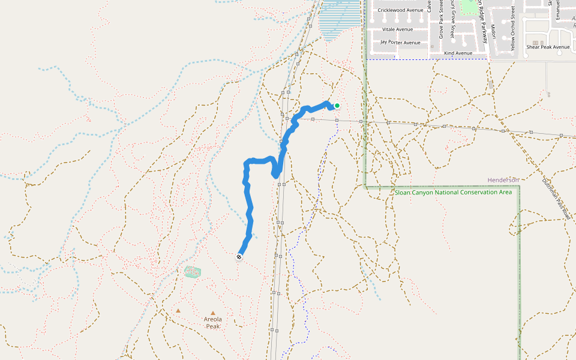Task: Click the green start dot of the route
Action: coord(337,106)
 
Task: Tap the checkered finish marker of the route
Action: coord(239,257)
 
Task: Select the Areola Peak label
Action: coord(213,323)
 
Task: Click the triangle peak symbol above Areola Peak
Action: coord(213,313)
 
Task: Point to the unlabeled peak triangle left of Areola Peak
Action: coord(178,310)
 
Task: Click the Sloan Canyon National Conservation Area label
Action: coord(453,193)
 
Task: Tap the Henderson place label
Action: coord(503,180)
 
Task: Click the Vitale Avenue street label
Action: coord(397,29)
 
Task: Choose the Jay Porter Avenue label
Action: coord(400,43)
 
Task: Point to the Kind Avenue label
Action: coord(458,53)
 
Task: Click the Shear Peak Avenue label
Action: coord(548,47)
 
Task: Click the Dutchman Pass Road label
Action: coord(556,199)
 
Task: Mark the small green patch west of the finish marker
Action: coord(192,272)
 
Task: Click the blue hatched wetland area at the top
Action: coord(340,24)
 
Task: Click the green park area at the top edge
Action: coord(467,6)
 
